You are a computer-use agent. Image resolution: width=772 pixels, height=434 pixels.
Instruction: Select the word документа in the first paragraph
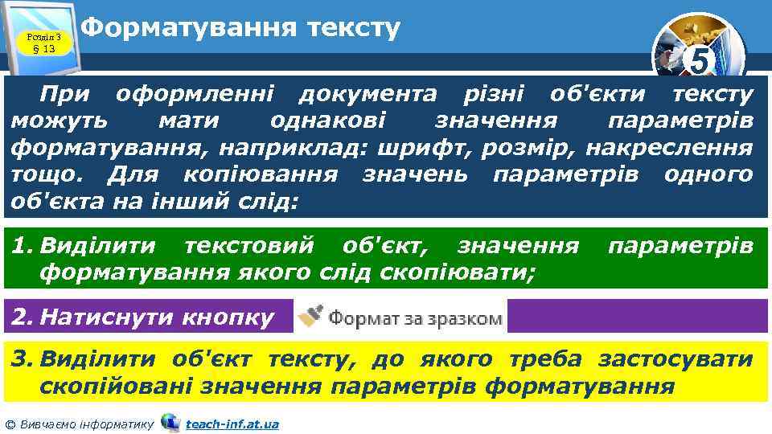[368, 96]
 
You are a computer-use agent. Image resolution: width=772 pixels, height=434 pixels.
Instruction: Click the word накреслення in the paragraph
[689, 149]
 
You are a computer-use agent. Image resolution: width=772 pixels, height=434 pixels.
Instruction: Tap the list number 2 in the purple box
[20, 317]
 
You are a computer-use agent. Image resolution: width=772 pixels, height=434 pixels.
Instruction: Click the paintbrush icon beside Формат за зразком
[310, 317]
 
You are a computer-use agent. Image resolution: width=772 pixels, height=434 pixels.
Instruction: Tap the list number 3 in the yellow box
[20, 358]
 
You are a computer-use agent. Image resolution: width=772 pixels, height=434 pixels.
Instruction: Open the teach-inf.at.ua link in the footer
[232, 424]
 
